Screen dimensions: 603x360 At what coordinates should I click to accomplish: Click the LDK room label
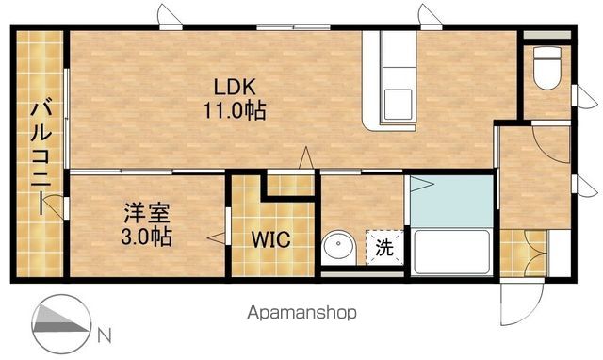[235, 87]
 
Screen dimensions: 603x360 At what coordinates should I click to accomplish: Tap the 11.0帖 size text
[235, 110]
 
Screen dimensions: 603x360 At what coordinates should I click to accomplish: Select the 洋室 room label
[147, 213]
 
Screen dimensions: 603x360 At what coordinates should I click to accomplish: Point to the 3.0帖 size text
[147, 237]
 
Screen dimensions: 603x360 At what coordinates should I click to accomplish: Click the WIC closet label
[270, 239]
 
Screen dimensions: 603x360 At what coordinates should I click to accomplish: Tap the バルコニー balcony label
[41, 157]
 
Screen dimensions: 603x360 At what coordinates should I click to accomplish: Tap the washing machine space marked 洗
[384, 247]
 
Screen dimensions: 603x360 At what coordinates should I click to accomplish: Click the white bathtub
[451, 252]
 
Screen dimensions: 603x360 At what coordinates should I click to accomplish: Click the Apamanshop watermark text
[301, 313]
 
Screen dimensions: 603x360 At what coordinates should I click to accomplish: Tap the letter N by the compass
[105, 335]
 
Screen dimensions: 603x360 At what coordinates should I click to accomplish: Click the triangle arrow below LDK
[306, 157]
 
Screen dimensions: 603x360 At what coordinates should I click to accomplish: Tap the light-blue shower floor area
[451, 201]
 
